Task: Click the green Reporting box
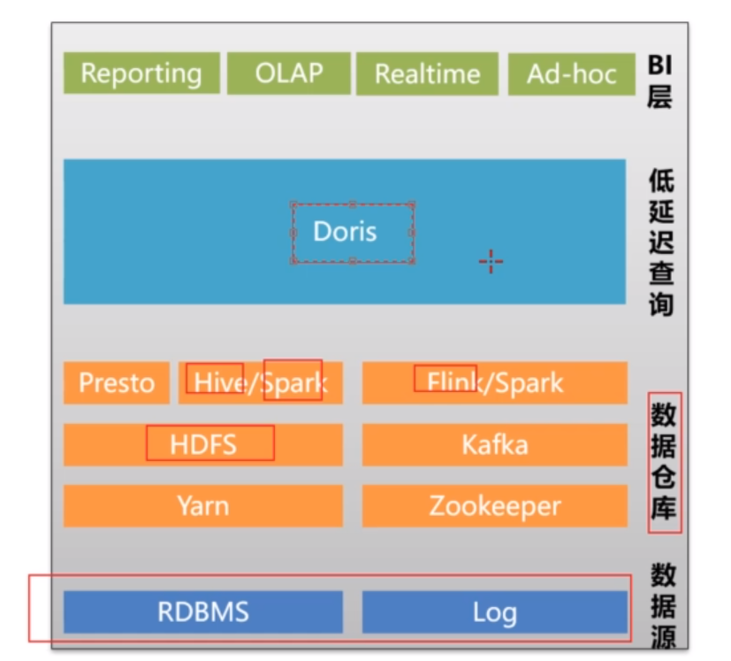pyautogui.click(x=141, y=73)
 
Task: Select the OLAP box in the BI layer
pyautogui.click(x=289, y=73)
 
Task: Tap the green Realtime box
pyautogui.click(x=428, y=73)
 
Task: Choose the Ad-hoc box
pyautogui.click(x=571, y=73)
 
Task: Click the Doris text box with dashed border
pyautogui.click(x=352, y=232)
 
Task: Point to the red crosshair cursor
pyautogui.click(x=491, y=260)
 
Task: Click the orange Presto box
pyautogui.click(x=116, y=383)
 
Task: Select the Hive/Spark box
pyautogui.click(x=260, y=383)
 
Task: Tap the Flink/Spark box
pyautogui.click(x=494, y=382)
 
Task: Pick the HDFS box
pyautogui.click(x=202, y=443)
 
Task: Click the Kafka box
pyautogui.click(x=494, y=443)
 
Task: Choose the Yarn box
pyautogui.click(x=202, y=505)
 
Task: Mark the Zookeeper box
pyautogui.click(x=494, y=505)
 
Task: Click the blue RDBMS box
pyautogui.click(x=202, y=611)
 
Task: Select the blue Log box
pyautogui.click(x=494, y=611)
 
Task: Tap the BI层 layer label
pyautogui.click(x=659, y=81)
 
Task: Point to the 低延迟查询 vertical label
pyautogui.click(x=661, y=244)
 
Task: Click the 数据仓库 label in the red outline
pyautogui.click(x=664, y=463)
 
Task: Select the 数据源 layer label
pyautogui.click(x=664, y=605)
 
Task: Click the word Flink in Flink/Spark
pyautogui.click(x=447, y=382)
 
